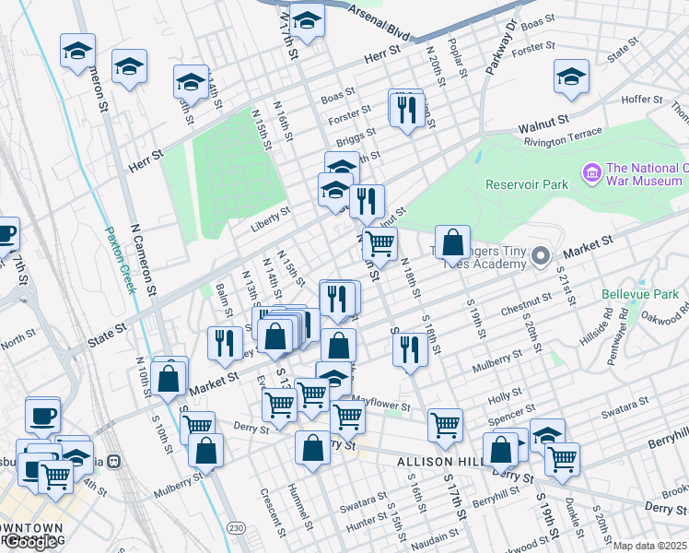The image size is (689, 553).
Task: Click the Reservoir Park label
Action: point(530,184)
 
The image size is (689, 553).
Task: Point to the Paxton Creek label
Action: point(121,260)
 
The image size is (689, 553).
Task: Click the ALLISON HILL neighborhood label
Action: point(438,461)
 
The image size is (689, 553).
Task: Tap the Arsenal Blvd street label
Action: point(379,21)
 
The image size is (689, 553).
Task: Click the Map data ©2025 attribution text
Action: point(650,546)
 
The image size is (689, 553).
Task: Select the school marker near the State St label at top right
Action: point(571,77)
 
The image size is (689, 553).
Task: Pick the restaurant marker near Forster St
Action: point(405,110)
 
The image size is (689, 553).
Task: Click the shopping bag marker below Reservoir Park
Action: point(452,243)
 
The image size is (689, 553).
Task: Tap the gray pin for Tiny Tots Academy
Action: point(541,255)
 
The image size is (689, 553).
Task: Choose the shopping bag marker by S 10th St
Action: point(169,377)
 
